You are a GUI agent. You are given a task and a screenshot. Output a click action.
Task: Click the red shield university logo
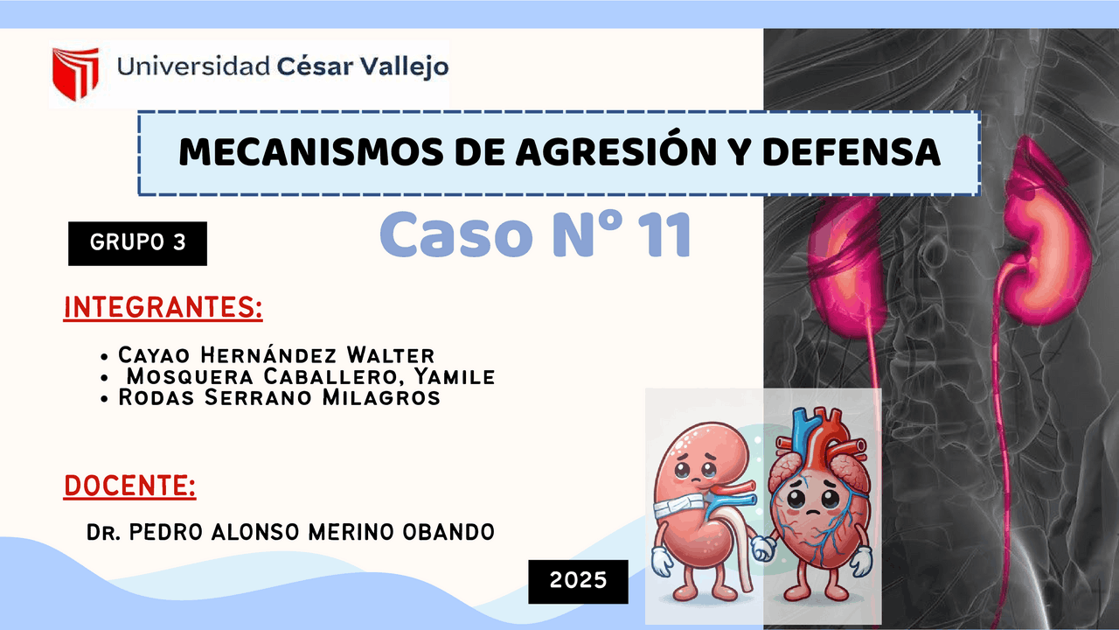[x=76, y=73]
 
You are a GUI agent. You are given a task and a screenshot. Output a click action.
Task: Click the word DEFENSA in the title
[x=851, y=152]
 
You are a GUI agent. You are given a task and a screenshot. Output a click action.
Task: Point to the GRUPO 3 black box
[x=137, y=243]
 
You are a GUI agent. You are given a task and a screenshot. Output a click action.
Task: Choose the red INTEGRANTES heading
[x=163, y=307]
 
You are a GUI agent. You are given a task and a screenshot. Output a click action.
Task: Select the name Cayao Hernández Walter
[x=276, y=355]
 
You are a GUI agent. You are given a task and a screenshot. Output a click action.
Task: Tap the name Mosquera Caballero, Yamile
[x=310, y=376]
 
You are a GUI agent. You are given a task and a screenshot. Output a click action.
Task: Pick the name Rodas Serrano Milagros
[x=279, y=397]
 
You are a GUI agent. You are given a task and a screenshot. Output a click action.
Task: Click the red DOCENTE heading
[x=130, y=486]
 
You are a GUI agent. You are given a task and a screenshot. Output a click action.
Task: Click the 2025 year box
[x=578, y=582]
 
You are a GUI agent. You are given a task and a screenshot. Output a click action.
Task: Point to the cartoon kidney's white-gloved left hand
[x=662, y=561]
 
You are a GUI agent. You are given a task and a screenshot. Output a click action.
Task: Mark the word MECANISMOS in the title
[x=310, y=152]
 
